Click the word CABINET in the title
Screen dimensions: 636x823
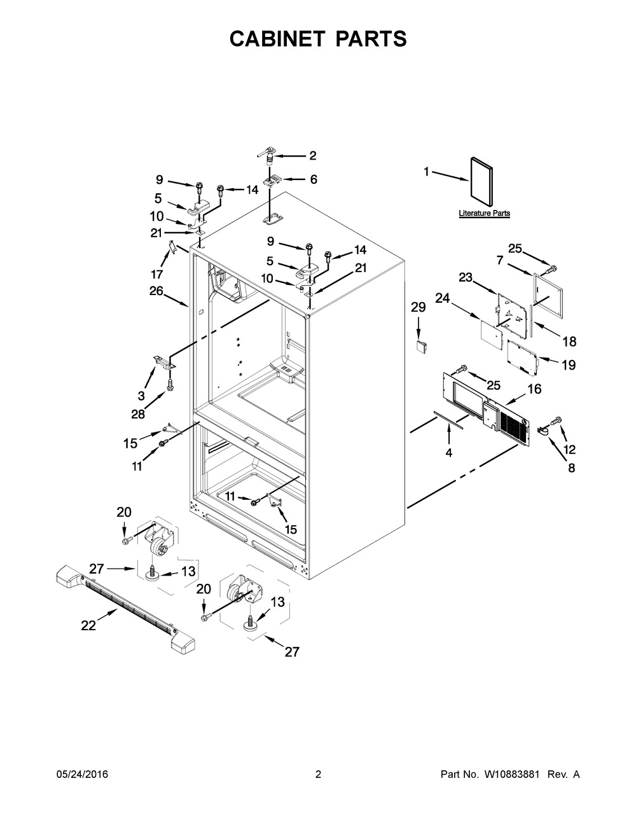[277, 39]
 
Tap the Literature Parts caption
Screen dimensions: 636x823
[484, 213]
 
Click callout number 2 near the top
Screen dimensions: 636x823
[313, 156]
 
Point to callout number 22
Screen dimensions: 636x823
[88, 626]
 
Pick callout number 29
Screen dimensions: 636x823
[418, 307]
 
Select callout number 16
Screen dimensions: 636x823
[534, 389]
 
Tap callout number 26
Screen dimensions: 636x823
[156, 291]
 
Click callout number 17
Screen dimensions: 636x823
[156, 274]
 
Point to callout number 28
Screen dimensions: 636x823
[138, 414]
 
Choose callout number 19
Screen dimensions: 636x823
[568, 365]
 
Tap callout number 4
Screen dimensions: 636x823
[449, 452]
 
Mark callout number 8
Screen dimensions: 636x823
[571, 467]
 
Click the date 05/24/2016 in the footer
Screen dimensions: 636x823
[82, 774]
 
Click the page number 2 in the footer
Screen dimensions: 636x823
[318, 774]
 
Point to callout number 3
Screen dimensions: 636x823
[141, 396]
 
